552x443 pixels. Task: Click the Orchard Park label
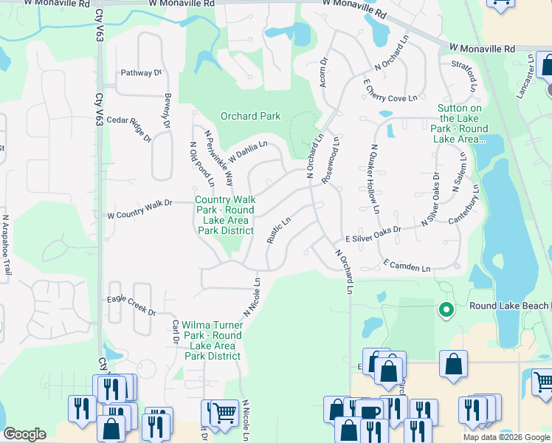pos(251,116)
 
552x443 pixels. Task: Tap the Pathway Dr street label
pos(140,72)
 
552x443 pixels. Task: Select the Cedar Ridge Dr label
pos(129,128)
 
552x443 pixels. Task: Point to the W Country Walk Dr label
pos(139,209)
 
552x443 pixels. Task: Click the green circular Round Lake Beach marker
pos(445,310)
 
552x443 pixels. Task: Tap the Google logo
pos(24,434)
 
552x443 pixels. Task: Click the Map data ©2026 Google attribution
pos(506,436)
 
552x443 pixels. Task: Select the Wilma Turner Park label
pos(213,340)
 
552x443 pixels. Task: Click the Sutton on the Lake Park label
pos(461,123)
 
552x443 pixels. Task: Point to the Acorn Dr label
pos(322,72)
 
